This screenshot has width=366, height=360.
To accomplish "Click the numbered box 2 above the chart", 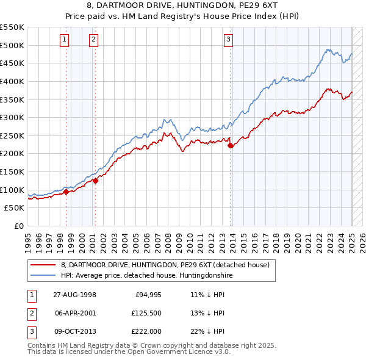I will click(93, 40).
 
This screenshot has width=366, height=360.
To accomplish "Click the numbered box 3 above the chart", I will click(228, 40).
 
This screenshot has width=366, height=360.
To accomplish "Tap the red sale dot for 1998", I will click(66, 192).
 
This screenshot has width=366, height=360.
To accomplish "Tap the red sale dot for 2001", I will click(95, 180).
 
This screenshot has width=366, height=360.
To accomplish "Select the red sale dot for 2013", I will click(231, 145).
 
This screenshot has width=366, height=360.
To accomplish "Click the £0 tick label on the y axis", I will click(19, 226).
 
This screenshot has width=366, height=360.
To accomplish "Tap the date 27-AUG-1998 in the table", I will click(74, 295).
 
